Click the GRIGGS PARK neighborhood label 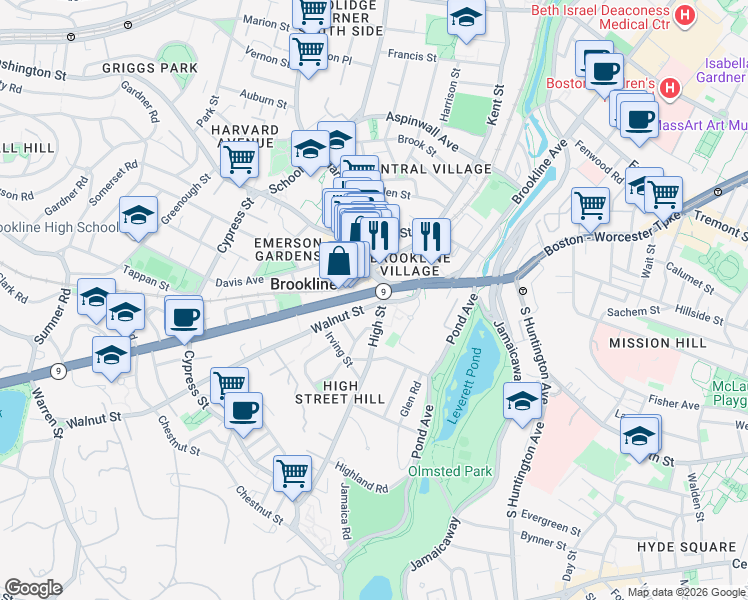click(x=149, y=69)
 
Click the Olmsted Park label click(x=451, y=470)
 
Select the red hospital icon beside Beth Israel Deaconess click(x=685, y=15)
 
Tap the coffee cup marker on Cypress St click(x=184, y=318)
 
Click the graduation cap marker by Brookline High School click(x=138, y=215)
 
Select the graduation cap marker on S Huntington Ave click(x=521, y=403)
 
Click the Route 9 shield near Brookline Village click(x=381, y=290)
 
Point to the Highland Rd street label click(x=361, y=482)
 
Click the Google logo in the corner click(x=33, y=587)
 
